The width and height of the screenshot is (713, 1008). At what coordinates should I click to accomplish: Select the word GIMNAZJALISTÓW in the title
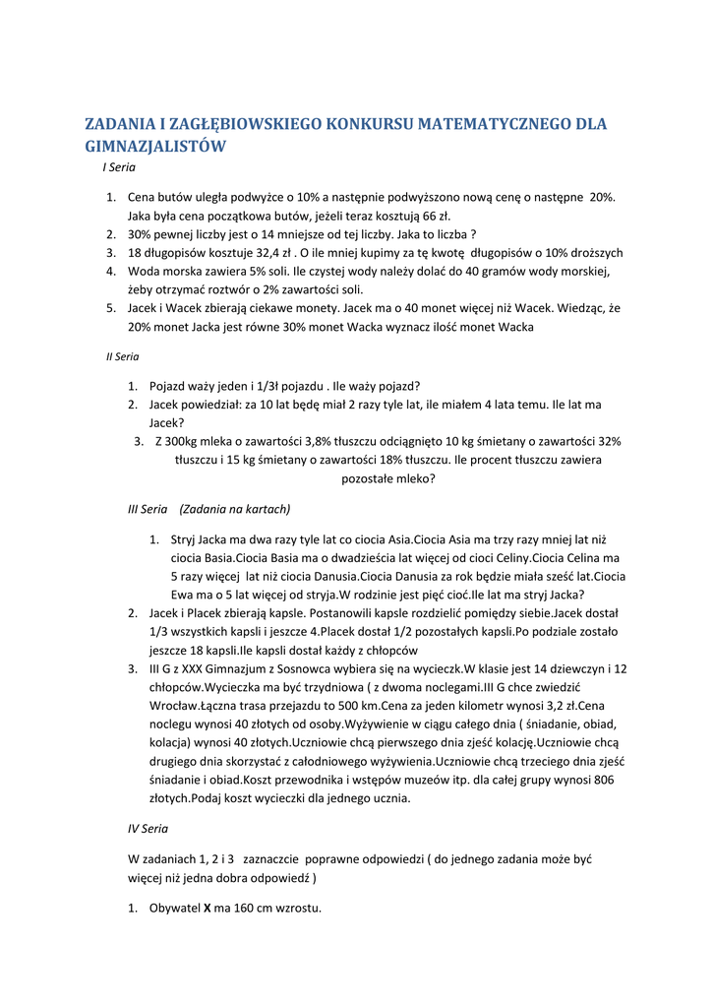point(156,147)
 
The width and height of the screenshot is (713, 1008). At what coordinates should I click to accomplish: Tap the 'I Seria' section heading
point(119,168)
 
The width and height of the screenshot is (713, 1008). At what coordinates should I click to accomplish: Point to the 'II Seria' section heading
point(122,356)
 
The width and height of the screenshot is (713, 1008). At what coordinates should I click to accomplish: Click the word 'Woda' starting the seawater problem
point(144,271)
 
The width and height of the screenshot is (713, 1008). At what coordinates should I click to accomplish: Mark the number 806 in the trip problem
point(608,780)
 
